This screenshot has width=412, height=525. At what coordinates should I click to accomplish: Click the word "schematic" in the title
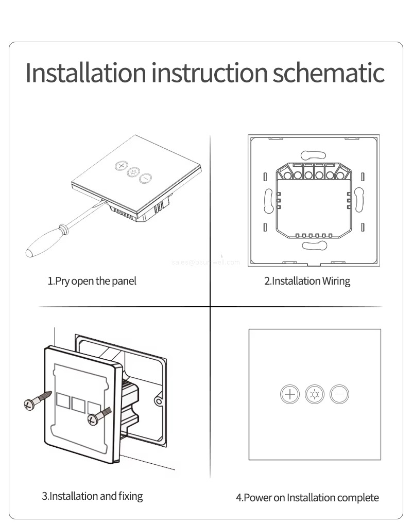click(x=328, y=73)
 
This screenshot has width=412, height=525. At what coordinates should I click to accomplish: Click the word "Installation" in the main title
click(x=86, y=73)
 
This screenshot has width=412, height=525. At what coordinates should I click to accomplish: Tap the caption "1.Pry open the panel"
click(x=92, y=281)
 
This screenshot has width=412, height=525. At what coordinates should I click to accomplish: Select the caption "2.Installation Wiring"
click(x=307, y=281)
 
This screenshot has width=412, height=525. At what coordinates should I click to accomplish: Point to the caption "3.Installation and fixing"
click(x=92, y=496)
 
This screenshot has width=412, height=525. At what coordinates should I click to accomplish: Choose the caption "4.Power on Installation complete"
click(x=307, y=497)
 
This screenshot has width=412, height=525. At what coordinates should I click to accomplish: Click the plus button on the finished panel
click(x=290, y=395)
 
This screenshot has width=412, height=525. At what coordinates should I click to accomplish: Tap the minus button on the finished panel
click(x=339, y=395)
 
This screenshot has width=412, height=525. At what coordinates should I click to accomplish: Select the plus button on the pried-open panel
click(x=121, y=166)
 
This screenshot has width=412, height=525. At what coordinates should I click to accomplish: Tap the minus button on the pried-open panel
click(x=146, y=179)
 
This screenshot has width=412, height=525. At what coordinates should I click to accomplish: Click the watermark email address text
click(x=205, y=262)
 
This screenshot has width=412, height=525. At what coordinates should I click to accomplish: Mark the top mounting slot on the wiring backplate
click(x=314, y=154)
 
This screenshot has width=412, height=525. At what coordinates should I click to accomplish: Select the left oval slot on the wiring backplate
click(x=268, y=200)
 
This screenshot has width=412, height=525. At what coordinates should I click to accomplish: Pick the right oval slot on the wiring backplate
click(x=359, y=200)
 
